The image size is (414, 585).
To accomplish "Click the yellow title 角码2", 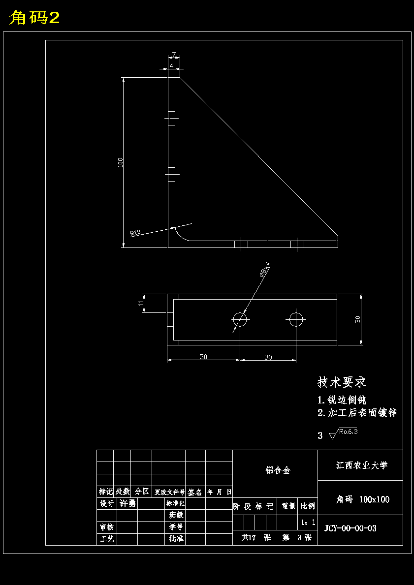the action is (34, 18).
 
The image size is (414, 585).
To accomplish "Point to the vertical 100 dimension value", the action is (121, 162).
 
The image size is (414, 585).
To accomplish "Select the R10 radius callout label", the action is (135, 232).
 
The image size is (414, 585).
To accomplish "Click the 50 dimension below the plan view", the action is (203, 357).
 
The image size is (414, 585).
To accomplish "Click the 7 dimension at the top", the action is (174, 55).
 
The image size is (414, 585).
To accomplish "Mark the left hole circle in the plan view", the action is (240, 320).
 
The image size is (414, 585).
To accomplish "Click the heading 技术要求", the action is (342, 382).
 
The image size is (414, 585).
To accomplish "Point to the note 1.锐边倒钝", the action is (342, 400).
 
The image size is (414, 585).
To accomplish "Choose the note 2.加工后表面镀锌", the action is (357, 413).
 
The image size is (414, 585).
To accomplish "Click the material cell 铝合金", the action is (278, 470).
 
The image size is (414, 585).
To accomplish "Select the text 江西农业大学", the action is (362, 465).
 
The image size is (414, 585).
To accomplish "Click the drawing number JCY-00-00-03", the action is (350, 528).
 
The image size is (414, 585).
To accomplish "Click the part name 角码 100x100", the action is (363, 499).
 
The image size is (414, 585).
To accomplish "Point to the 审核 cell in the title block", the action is (107, 527).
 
